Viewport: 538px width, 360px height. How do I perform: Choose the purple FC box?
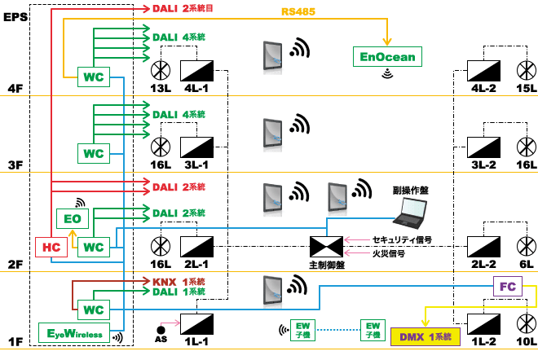point(506,287)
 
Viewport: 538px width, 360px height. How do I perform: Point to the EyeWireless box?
point(74,333)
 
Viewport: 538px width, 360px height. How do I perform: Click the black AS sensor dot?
point(161,329)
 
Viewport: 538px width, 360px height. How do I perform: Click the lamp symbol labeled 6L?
point(523,245)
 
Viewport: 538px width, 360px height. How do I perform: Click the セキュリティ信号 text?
point(401,240)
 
